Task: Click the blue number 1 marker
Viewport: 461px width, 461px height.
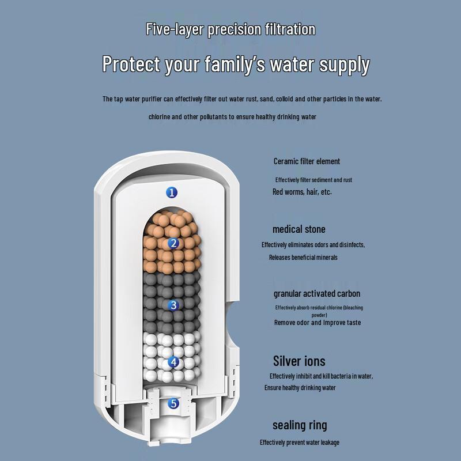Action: click(172, 192)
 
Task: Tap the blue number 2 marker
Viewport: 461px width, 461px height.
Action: click(173, 243)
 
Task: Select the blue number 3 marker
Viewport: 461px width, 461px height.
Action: click(173, 305)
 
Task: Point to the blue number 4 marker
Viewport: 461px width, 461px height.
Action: click(173, 362)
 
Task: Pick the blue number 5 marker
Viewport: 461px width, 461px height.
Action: click(173, 403)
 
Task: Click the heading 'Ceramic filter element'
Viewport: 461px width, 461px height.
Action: click(307, 161)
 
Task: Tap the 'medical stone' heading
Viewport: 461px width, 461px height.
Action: click(298, 229)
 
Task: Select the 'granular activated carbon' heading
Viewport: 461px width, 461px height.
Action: click(316, 294)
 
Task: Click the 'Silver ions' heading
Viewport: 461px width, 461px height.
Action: click(299, 361)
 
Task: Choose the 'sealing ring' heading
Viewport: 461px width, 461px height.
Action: click(300, 425)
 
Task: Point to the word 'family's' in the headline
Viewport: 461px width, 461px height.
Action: click(235, 65)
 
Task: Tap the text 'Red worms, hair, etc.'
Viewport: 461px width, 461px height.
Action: click(302, 192)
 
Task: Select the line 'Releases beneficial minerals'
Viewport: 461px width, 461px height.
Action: click(303, 258)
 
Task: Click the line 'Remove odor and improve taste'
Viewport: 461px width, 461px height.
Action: click(318, 323)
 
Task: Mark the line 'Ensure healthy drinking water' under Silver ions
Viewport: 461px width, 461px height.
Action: click(300, 388)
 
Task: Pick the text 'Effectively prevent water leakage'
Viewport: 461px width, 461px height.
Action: click(300, 443)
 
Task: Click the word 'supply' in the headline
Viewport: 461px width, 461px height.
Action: click(345, 65)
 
